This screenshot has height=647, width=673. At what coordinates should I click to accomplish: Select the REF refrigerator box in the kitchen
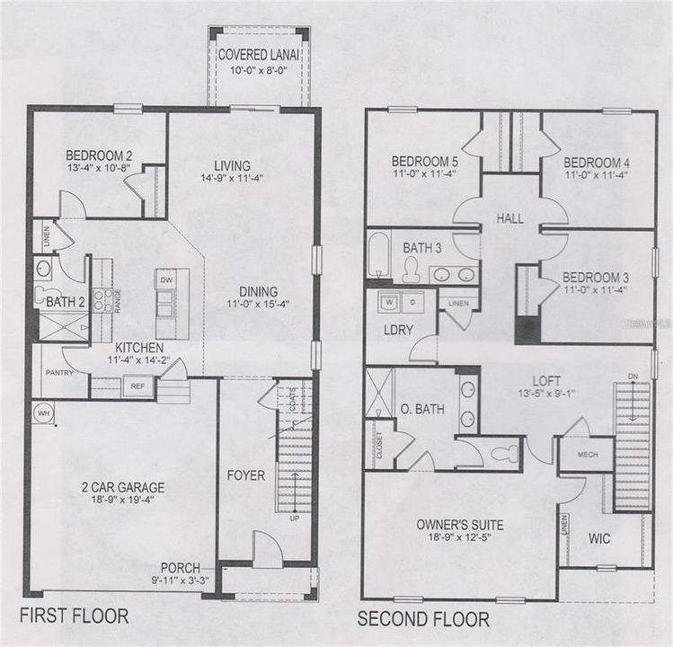coord(137,386)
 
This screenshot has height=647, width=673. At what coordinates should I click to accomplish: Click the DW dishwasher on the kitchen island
coord(165,279)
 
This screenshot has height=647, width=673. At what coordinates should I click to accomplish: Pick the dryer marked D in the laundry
coord(412,301)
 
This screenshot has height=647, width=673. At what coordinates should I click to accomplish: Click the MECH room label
coord(587,454)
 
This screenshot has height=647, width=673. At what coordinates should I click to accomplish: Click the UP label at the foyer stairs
coord(294,518)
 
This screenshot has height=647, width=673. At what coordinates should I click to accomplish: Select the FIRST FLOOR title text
coord(75,617)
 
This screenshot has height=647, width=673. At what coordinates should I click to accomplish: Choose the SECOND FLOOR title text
coord(423,619)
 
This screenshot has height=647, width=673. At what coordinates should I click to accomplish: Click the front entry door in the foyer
coord(267,550)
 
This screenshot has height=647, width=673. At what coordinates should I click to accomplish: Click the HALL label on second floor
coord(509,218)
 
